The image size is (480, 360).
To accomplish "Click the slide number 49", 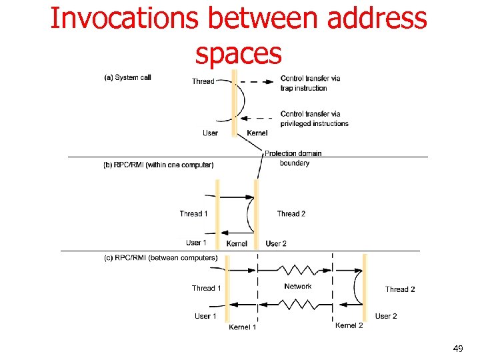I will coord(457,349).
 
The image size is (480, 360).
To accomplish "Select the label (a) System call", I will coord(127,77).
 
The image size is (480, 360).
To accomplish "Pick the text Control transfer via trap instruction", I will coord(310,83).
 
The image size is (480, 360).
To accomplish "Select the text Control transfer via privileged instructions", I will coord(314,118).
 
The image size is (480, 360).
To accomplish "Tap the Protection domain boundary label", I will coord(293,158).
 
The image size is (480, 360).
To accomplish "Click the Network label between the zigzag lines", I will coord(297,286).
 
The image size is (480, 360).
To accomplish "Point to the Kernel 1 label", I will coord(243,327).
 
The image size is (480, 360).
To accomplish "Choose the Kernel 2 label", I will coord(349,325).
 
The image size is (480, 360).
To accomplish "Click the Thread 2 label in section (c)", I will coord(400,289).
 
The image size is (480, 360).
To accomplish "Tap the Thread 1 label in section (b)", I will coord(193,214).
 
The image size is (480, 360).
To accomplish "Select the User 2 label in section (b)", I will coord(276,243).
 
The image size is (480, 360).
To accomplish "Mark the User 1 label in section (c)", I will coord(205,316).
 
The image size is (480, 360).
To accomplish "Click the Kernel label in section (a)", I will coord(257,133).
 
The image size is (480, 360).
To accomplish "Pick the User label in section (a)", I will coord(210,133).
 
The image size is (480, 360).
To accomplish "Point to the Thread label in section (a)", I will coord(203,81).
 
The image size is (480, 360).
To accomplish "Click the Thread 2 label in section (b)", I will coord(291,214).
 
